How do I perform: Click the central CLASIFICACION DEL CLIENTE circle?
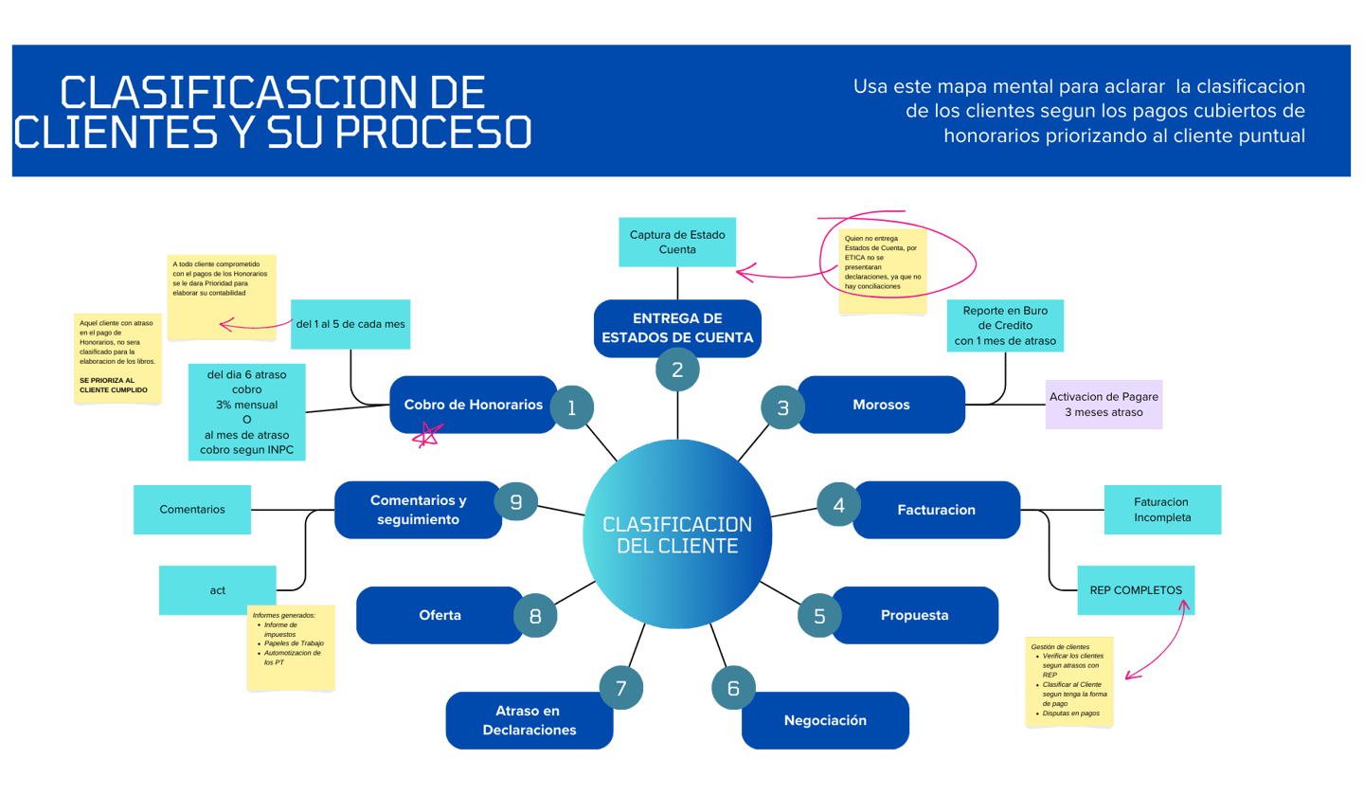(x=677, y=535)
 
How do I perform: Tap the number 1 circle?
(x=571, y=407)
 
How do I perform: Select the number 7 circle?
(x=621, y=689)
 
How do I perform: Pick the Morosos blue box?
(x=881, y=405)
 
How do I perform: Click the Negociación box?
(x=825, y=720)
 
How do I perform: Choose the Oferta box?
(x=440, y=615)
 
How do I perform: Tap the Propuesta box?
(x=914, y=615)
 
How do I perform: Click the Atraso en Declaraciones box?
(x=529, y=720)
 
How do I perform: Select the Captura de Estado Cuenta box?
(x=677, y=242)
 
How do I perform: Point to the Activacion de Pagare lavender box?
(x=1104, y=405)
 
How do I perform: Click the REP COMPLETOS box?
(x=1136, y=589)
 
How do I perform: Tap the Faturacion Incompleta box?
(x=1162, y=510)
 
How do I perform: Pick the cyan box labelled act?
(x=218, y=590)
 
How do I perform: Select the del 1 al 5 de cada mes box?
(x=350, y=324)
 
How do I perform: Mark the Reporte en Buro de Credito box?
(x=1005, y=325)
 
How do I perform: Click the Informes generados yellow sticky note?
(x=291, y=648)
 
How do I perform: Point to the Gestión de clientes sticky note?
(x=1069, y=683)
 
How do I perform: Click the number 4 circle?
(x=838, y=505)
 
